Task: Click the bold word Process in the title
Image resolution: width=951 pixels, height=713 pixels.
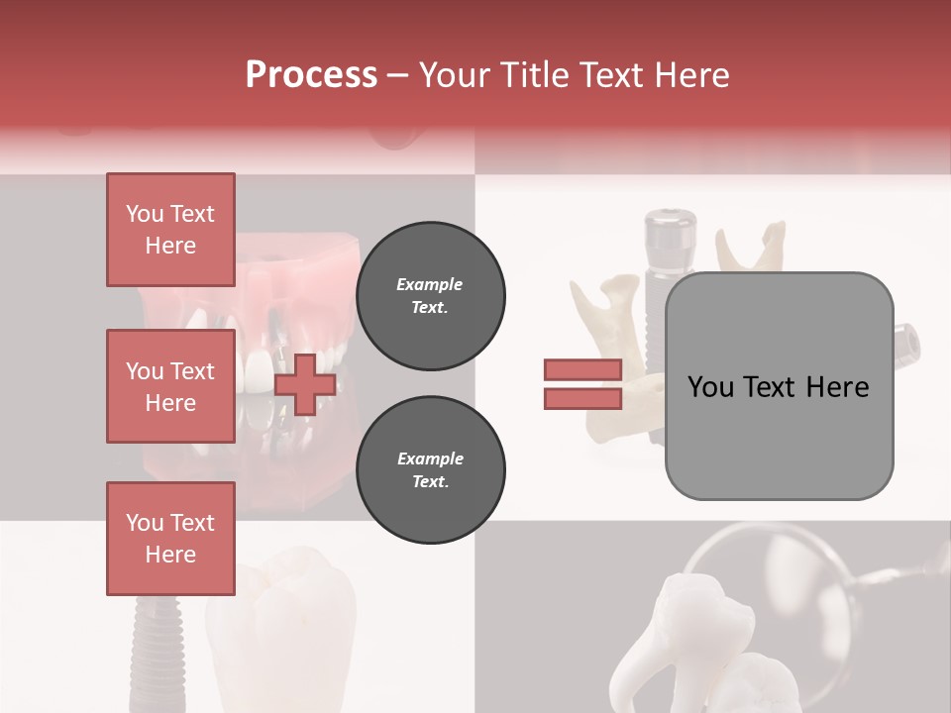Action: [x=311, y=75]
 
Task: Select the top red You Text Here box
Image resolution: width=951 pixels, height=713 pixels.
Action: [x=170, y=230]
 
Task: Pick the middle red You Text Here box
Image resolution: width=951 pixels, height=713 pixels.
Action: [x=170, y=386]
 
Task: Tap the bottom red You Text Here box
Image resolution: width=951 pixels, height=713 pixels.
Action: [x=170, y=539]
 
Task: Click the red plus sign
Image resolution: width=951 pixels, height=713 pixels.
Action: [x=304, y=385]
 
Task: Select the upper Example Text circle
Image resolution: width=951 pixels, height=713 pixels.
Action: [x=430, y=296]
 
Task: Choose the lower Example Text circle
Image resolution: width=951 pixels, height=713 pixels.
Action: [x=430, y=469]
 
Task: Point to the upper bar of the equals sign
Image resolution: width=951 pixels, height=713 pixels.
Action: [x=582, y=369]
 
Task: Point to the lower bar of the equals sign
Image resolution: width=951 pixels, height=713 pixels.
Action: [x=582, y=398]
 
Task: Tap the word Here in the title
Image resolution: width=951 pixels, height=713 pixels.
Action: [x=690, y=75]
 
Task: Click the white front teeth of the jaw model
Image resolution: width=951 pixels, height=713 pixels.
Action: [x=260, y=371]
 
